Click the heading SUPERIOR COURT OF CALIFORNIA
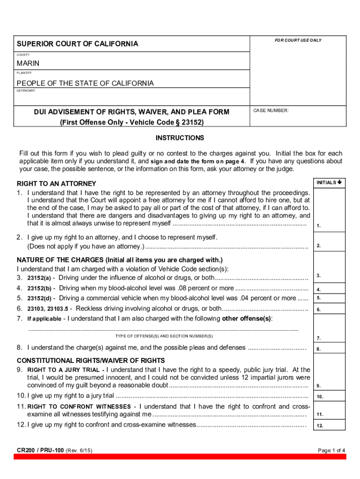click(x=78, y=44)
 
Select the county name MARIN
click(x=29, y=63)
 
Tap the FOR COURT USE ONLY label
click(x=298, y=40)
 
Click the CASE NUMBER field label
click(x=271, y=111)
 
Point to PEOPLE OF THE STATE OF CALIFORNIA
click(x=85, y=83)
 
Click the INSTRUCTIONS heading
click(x=180, y=138)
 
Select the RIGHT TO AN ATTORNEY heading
click(x=57, y=183)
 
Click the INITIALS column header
click(x=329, y=182)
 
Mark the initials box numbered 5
click(x=329, y=298)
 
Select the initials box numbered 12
click(x=329, y=425)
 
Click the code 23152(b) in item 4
click(x=41, y=289)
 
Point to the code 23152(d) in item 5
click(x=41, y=298)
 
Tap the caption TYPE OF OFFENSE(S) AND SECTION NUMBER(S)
click(x=164, y=336)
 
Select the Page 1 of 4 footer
click(x=331, y=450)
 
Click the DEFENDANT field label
click(x=26, y=91)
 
